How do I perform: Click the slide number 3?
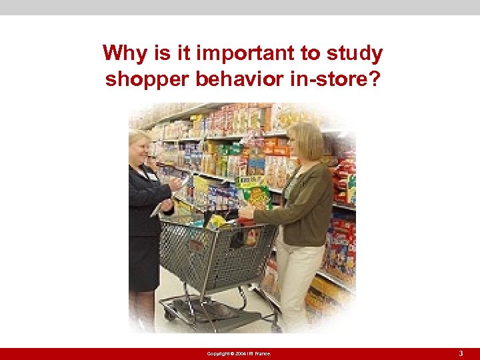tap(461, 353)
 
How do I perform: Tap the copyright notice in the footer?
tap(239, 353)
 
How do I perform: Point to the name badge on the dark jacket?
tap(152, 176)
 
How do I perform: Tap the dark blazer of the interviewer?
tap(143, 200)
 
